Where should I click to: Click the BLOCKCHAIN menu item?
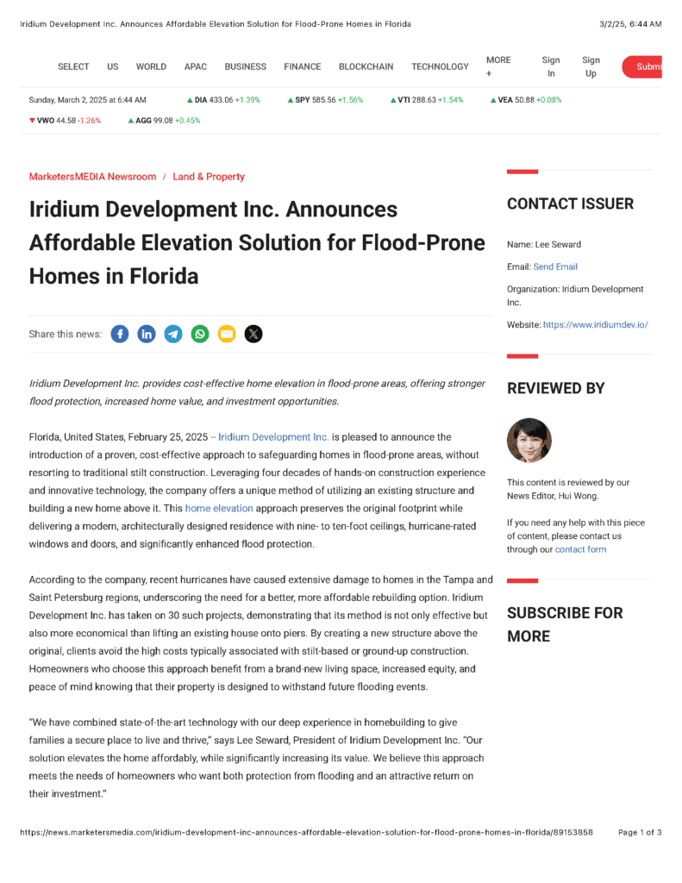click(366, 66)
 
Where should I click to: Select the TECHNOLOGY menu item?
click(440, 66)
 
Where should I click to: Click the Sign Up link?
click(591, 66)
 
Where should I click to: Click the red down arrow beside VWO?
click(32, 121)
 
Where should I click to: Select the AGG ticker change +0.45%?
click(187, 121)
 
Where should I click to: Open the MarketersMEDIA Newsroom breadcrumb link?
click(92, 177)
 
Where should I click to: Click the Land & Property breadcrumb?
click(209, 177)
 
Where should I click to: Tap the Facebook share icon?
click(120, 334)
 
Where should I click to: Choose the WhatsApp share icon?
click(200, 334)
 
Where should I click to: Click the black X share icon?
click(253, 334)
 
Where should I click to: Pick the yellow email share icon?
click(226, 334)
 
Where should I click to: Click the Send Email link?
click(555, 267)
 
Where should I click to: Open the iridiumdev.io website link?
click(595, 325)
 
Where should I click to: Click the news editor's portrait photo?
click(529, 441)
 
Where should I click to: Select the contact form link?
click(580, 549)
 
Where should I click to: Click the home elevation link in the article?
click(219, 509)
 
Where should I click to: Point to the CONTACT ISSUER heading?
click(570, 204)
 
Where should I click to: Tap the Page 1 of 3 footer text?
click(640, 833)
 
